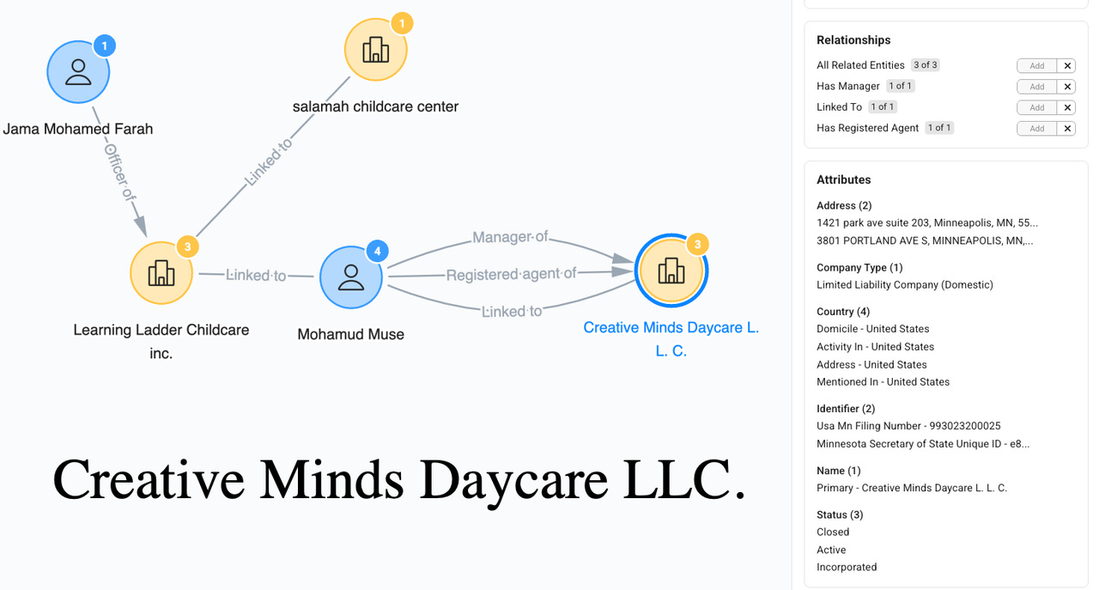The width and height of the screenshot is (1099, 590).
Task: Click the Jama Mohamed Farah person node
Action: coord(78,72)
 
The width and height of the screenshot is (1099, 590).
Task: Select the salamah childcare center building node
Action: coord(375,51)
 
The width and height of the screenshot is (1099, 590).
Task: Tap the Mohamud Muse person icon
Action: coord(350,277)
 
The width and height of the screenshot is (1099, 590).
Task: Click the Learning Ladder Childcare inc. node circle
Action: coord(161,273)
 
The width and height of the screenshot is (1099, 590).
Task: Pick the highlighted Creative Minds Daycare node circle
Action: coord(671,271)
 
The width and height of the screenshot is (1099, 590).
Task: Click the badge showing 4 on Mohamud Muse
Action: coord(377,252)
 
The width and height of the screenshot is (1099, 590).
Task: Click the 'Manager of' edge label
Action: coord(510,237)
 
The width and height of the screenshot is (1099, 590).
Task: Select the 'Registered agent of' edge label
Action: coord(511,275)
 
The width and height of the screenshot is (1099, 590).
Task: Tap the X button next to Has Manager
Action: coord(1067,87)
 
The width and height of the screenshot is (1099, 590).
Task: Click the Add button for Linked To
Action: coord(1037,107)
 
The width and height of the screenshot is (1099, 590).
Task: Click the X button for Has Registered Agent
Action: coord(1067,129)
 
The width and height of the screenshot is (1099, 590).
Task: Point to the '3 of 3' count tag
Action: coord(926,65)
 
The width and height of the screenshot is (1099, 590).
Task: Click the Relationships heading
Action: coord(853,40)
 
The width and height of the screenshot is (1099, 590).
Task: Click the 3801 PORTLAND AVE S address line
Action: coord(924,240)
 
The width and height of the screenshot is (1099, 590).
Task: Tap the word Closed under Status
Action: coord(833,532)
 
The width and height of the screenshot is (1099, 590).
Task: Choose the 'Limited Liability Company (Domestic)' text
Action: coord(904,284)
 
